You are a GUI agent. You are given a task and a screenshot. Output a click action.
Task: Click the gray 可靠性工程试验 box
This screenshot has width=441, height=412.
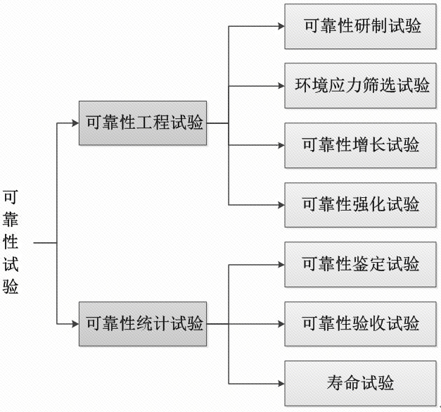(143, 123)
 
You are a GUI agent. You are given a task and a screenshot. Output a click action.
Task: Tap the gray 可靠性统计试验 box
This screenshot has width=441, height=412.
(143, 323)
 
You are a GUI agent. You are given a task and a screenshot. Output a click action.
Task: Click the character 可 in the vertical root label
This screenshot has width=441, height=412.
(11, 197)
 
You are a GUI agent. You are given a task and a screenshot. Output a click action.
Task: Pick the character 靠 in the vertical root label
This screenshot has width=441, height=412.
(11, 220)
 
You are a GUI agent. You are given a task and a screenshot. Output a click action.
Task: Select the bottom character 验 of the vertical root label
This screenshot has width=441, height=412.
(11, 287)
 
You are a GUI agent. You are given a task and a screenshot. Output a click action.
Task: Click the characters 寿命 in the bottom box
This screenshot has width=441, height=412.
(343, 383)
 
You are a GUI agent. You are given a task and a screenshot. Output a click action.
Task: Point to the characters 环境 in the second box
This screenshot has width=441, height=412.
(311, 86)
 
